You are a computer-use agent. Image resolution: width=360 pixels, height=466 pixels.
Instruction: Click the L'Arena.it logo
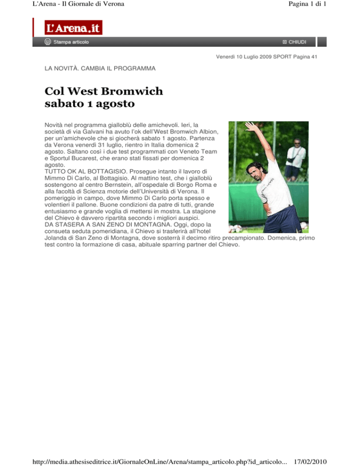[x=73, y=28]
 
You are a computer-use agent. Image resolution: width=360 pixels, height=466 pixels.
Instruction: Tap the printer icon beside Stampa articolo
[x=48, y=42]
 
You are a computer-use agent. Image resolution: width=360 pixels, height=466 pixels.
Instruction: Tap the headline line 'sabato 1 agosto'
[x=92, y=103]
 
